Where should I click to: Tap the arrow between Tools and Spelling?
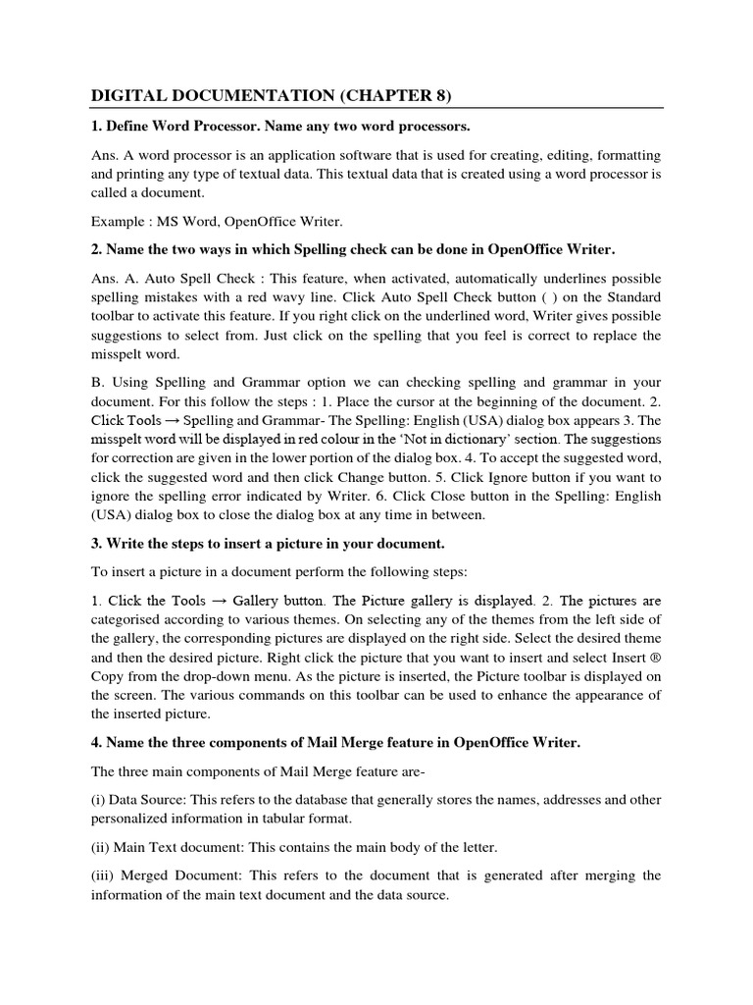(169, 419)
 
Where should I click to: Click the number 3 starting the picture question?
(96, 543)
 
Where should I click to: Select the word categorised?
(128, 619)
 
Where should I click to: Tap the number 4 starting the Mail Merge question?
(96, 742)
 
